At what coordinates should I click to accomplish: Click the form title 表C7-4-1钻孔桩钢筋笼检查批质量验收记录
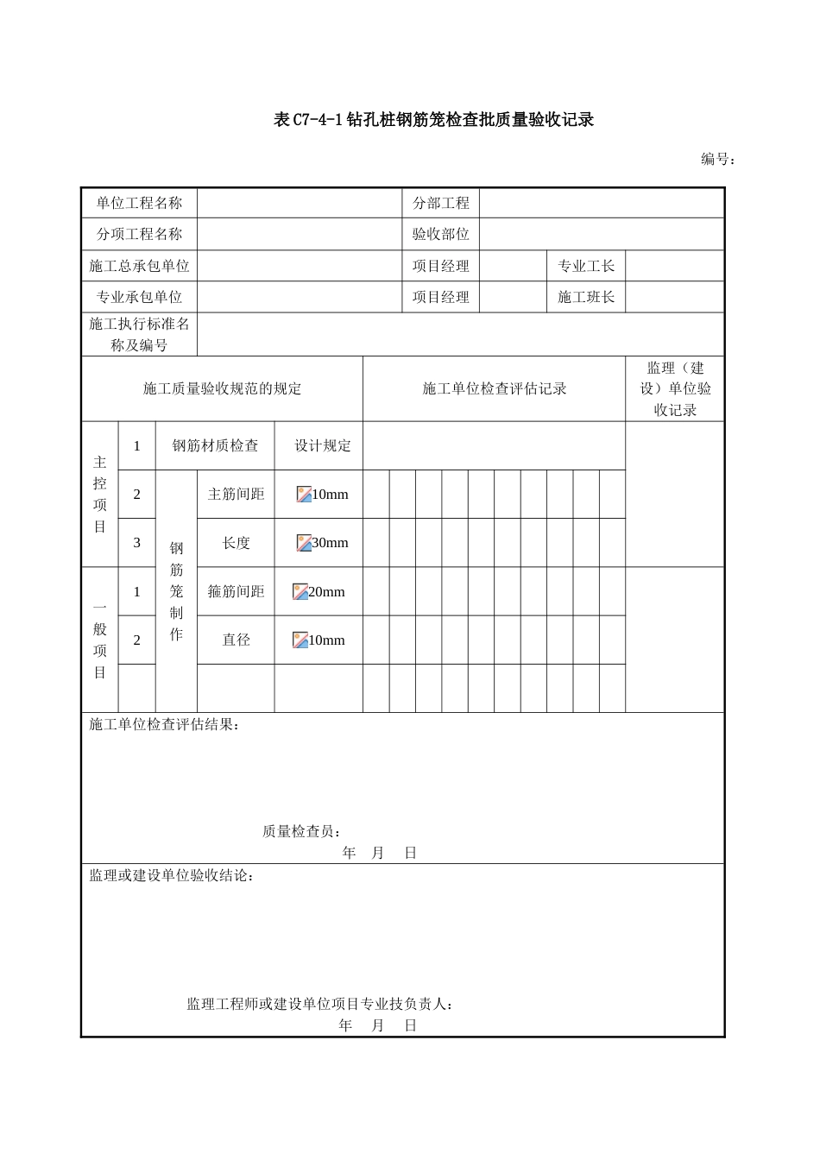(x=433, y=120)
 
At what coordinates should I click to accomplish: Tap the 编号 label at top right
(x=717, y=159)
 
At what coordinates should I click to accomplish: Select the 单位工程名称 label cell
(x=139, y=204)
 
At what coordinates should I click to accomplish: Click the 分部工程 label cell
(x=440, y=204)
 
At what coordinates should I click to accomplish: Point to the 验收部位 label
(x=440, y=235)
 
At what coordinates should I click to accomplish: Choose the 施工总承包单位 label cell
(x=139, y=266)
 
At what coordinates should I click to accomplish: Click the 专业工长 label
(x=586, y=266)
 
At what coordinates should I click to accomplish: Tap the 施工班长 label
(x=586, y=297)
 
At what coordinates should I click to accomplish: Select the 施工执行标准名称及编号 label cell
(x=139, y=334)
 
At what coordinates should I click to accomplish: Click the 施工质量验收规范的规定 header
(x=222, y=389)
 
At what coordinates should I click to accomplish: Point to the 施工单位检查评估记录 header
(x=494, y=389)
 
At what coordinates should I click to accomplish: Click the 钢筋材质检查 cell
(x=215, y=446)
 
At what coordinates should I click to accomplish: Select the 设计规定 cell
(x=323, y=446)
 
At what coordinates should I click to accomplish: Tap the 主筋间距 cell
(x=236, y=495)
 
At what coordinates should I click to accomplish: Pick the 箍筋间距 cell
(x=236, y=592)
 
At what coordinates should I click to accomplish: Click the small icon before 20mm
(x=300, y=592)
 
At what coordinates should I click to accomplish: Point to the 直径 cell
(x=236, y=640)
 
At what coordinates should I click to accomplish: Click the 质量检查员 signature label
(x=301, y=831)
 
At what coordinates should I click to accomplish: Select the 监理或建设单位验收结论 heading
(x=171, y=876)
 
